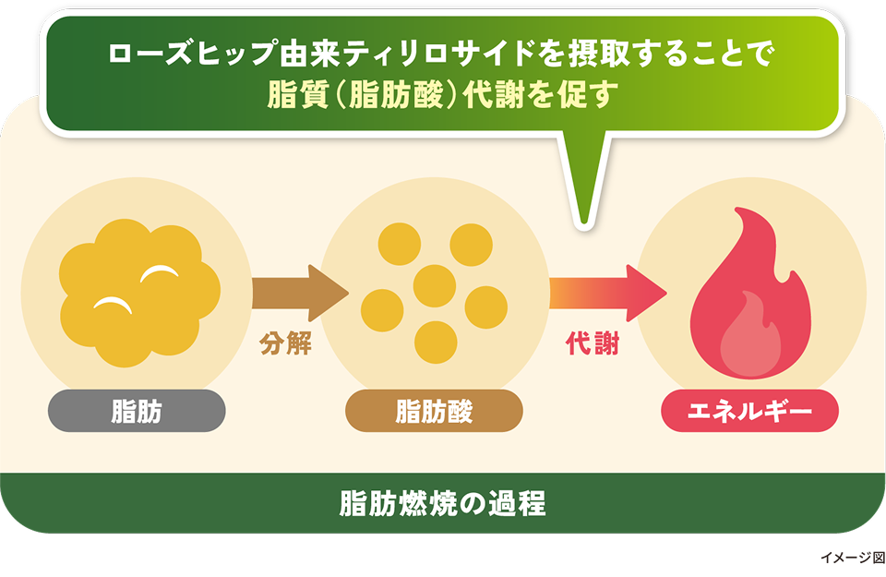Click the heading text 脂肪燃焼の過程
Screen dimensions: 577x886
click(442, 504)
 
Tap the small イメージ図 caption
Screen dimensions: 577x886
click(851, 559)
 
